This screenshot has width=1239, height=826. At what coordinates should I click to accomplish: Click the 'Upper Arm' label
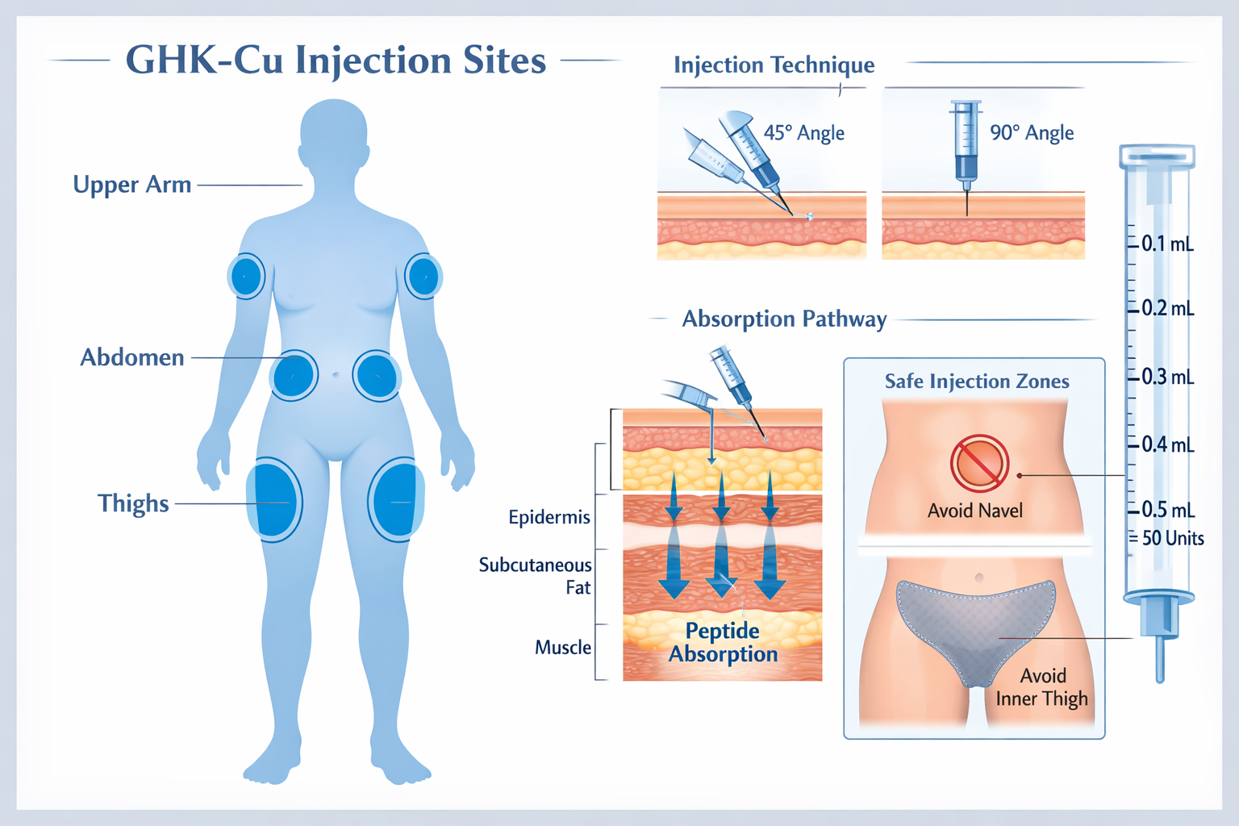click(132, 185)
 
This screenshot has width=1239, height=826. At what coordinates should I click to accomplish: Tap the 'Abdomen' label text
click(132, 357)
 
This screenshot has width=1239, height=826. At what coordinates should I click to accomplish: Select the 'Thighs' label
click(133, 503)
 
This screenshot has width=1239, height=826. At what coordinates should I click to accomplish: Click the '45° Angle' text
click(804, 133)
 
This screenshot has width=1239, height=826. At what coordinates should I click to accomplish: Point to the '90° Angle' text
click(1032, 133)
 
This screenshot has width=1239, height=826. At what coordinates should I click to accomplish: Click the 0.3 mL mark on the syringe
click(1166, 377)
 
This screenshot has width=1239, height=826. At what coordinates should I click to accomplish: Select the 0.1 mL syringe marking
click(1166, 244)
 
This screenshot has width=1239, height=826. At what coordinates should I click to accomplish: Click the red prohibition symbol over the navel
click(979, 464)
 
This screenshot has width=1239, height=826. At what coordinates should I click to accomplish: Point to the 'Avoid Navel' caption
click(974, 511)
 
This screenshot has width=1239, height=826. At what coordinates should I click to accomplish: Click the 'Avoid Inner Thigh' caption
click(1042, 687)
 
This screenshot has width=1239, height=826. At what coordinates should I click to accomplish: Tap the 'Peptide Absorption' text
click(723, 642)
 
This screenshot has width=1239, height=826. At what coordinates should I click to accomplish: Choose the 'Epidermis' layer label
click(549, 517)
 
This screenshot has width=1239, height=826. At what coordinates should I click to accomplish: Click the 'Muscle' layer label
click(563, 648)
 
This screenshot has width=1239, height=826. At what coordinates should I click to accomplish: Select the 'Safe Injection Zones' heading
click(977, 382)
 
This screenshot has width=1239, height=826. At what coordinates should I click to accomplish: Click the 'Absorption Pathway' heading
click(784, 319)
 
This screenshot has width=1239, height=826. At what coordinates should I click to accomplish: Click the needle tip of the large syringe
click(1160, 678)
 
